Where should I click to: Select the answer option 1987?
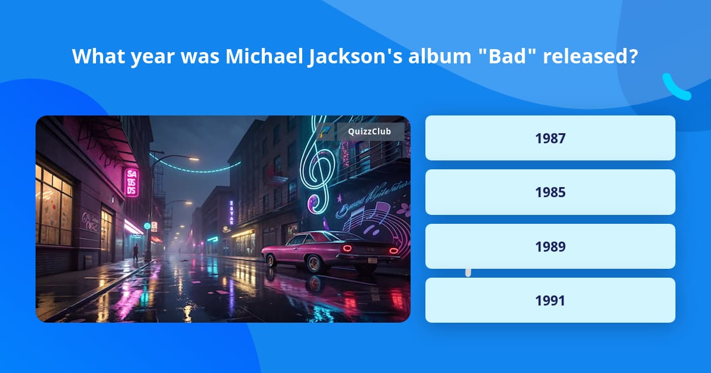(550, 139)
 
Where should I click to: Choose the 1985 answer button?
(550, 192)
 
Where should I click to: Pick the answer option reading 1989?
(550, 246)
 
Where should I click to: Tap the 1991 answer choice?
(550, 300)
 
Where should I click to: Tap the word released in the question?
(591, 56)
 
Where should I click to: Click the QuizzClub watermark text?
(369, 131)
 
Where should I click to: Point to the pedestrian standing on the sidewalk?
(136, 252)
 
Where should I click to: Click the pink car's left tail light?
(347, 249)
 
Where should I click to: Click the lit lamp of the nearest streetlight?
(194, 159)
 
